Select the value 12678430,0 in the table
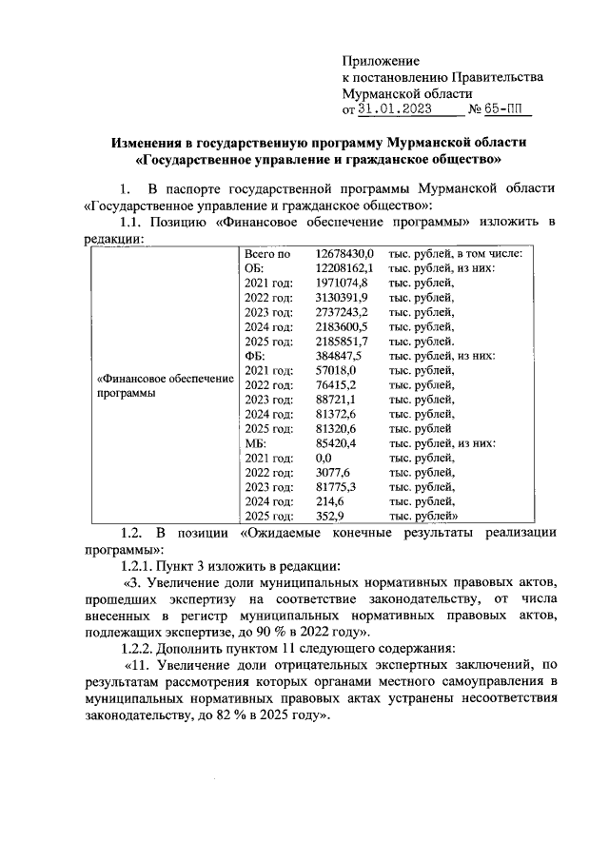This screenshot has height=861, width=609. (345, 254)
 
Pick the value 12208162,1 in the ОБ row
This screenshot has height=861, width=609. (345, 269)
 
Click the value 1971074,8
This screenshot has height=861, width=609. (342, 284)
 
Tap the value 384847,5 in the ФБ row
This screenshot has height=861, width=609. (338, 354)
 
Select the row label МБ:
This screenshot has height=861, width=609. (255, 443)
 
